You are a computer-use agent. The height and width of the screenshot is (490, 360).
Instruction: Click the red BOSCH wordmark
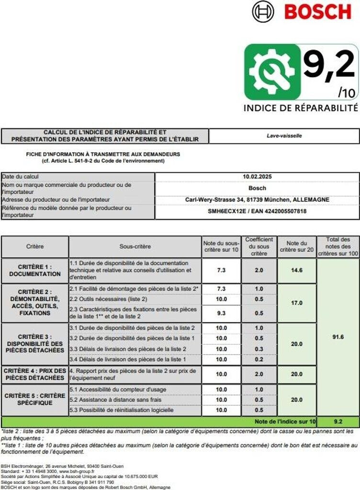(318, 11)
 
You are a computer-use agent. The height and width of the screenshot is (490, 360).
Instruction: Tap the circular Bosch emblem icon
(263, 11)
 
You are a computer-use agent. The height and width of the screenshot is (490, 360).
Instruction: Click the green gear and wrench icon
(271, 72)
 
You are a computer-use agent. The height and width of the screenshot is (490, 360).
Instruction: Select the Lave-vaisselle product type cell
(284, 136)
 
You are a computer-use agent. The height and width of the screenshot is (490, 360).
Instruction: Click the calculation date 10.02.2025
(257, 177)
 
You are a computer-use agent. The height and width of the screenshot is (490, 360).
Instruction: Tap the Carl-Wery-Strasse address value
(257, 200)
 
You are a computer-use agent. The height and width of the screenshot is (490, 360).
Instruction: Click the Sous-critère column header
(135, 246)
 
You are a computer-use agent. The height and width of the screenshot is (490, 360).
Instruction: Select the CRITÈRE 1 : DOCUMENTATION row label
(35, 270)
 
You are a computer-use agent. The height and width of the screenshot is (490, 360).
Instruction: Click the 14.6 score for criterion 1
(297, 270)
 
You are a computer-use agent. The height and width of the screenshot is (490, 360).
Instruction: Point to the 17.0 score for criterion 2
(297, 303)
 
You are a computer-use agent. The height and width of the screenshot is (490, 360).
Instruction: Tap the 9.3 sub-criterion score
(221, 313)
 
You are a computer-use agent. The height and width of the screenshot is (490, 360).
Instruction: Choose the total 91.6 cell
(338, 337)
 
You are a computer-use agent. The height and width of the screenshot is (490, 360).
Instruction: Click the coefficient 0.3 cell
(259, 349)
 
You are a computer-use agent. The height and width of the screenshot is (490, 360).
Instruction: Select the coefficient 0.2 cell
(259, 359)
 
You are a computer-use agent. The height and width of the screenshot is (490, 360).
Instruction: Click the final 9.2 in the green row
(338, 422)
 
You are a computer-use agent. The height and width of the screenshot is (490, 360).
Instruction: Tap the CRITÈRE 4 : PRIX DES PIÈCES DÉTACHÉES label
(35, 374)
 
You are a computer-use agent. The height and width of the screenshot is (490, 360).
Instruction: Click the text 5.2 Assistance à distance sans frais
(115, 400)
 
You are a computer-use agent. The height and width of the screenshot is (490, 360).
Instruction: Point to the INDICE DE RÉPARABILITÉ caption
(301, 108)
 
